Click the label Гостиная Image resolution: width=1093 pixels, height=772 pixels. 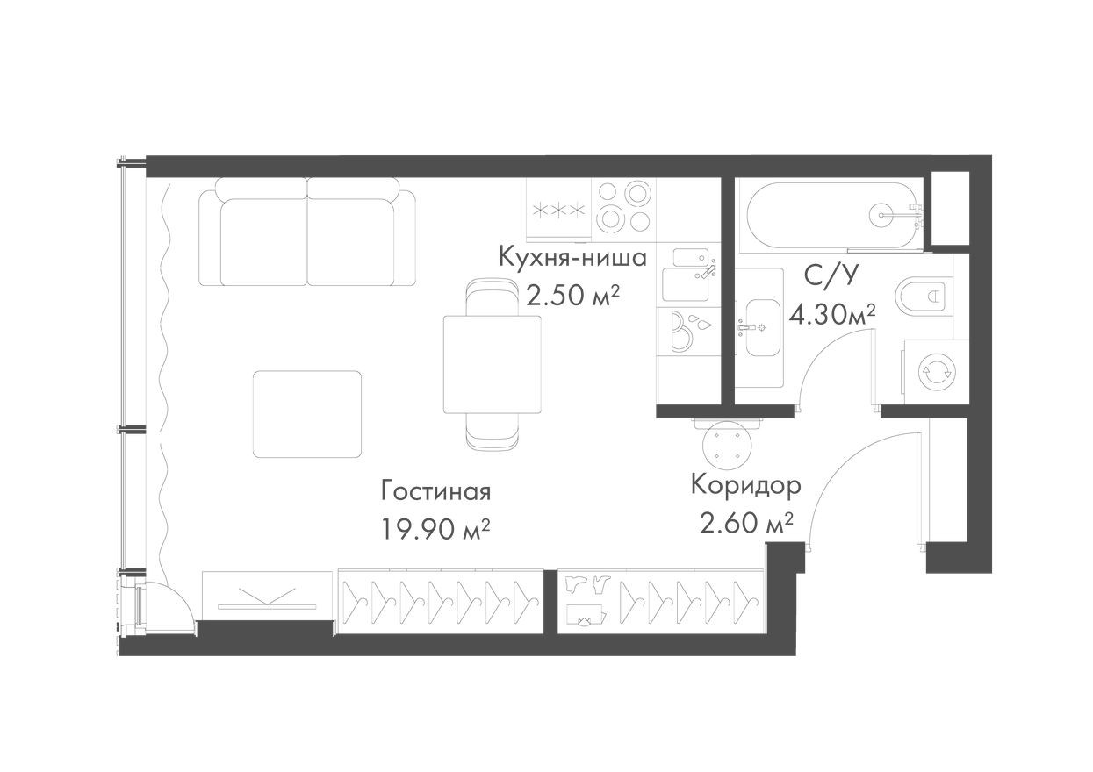[435, 490]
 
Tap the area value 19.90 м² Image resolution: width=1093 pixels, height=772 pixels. [435, 529]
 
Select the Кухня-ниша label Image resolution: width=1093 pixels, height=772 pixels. [572, 258]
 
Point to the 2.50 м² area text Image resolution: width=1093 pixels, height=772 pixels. [572, 295]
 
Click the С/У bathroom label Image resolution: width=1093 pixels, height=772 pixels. [830, 275]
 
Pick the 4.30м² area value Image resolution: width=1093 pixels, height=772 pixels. [832, 313]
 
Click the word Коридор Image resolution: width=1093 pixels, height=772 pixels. [745, 485]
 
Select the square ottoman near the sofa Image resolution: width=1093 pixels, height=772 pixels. [307, 414]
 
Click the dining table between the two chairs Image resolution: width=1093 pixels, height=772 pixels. [492, 364]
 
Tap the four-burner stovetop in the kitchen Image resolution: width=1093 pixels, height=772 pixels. [622, 207]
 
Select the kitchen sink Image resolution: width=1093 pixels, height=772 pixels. [688, 283]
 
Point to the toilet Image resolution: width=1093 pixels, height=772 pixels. [922, 296]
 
